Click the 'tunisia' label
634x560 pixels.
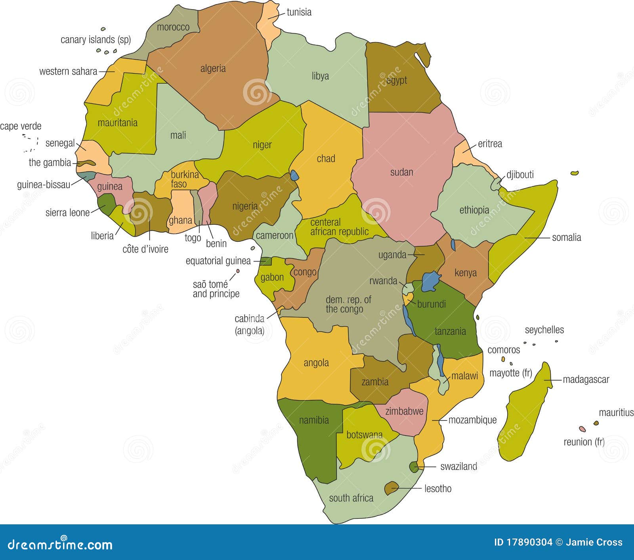pos(299,12)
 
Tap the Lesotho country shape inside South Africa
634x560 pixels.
pos(391,488)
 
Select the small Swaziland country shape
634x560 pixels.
pos(414,467)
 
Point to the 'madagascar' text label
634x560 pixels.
pos(586,380)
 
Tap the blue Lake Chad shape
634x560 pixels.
pos(294,175)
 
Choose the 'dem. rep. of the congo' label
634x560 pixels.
pos(348,304)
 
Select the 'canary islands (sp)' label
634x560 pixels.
pos(95,40)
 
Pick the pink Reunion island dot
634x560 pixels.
pos(582,429)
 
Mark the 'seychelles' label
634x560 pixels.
pos(544,330)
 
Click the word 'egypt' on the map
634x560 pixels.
pos(396,80)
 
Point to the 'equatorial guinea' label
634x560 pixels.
pos(218,261)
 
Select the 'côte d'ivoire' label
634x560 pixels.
pos(145,249)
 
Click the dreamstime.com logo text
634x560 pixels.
pos(60,545)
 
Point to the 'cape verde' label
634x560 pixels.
pos(21,126)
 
